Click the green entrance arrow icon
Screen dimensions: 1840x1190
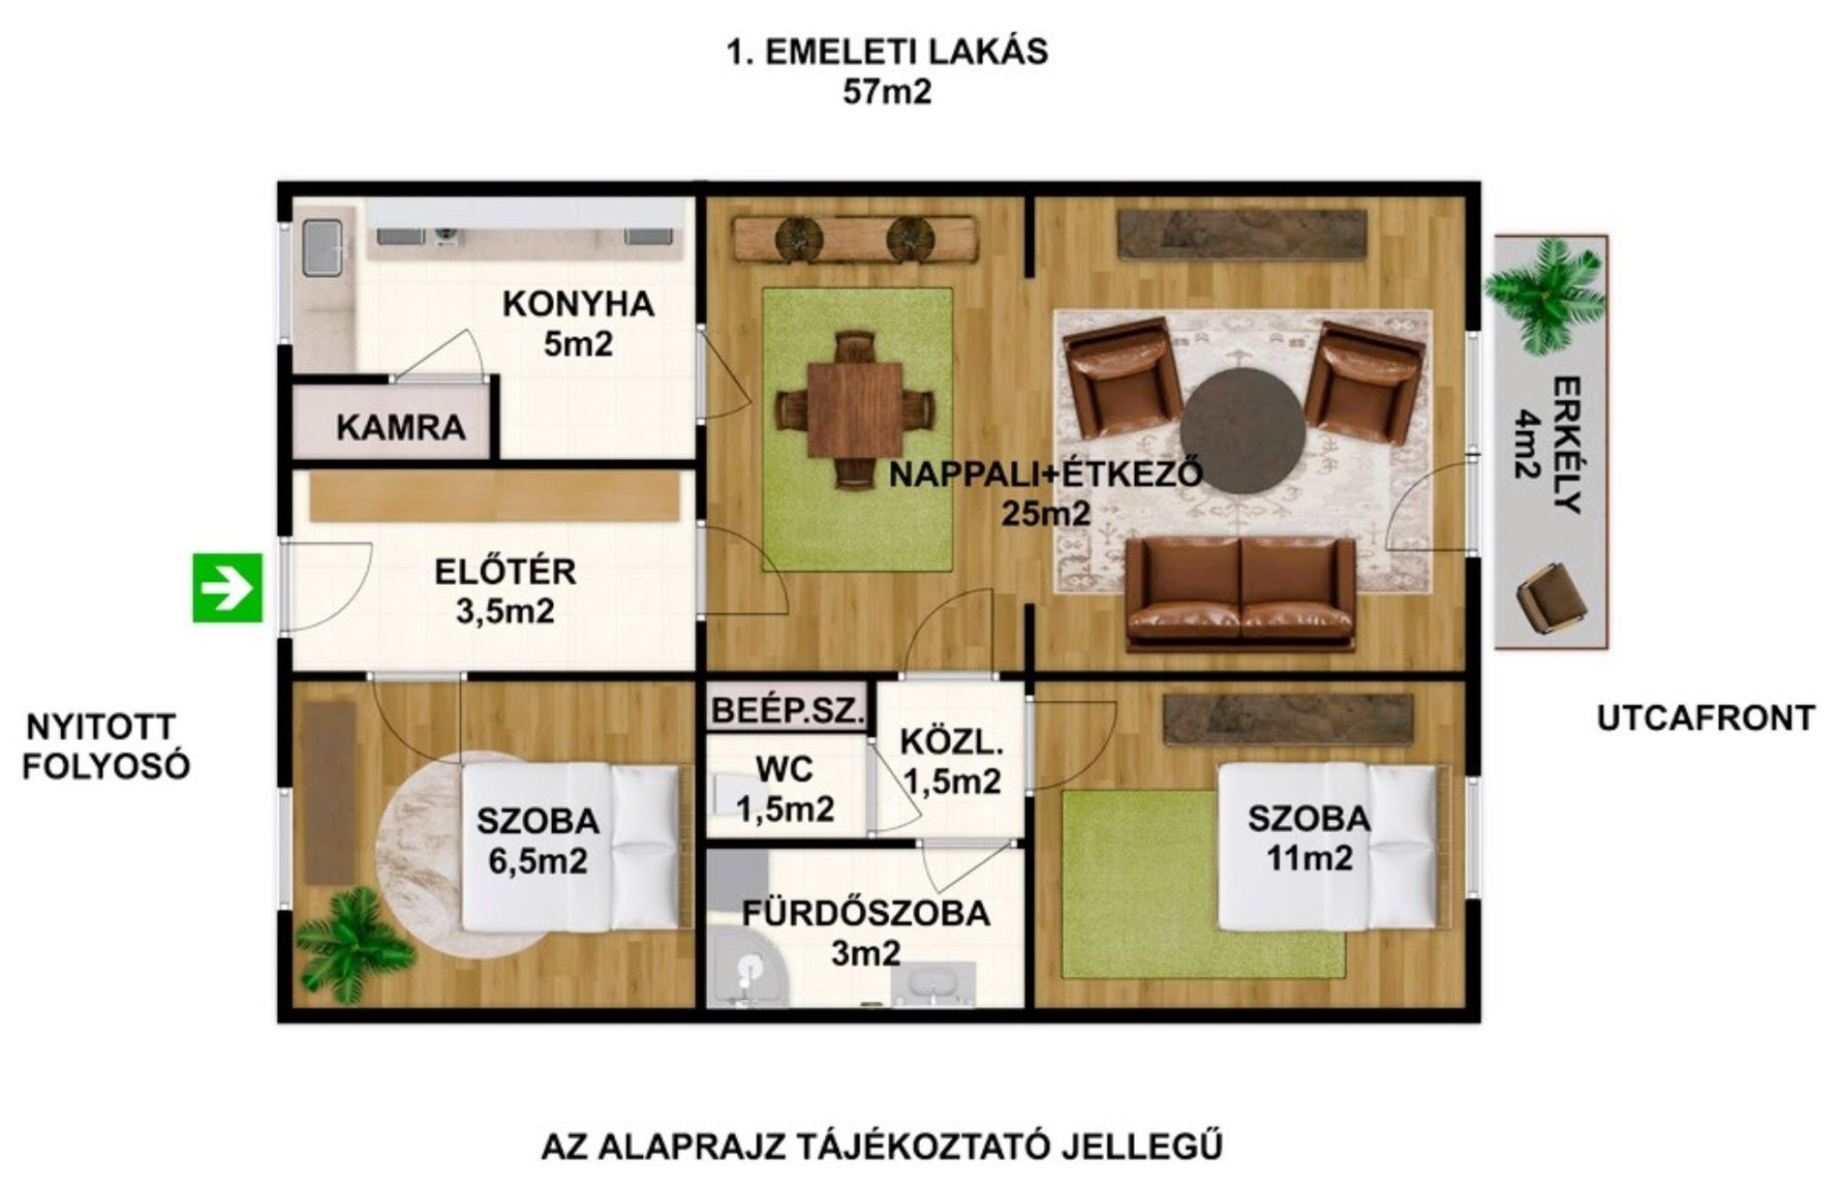228,588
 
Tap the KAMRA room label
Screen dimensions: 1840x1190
401,427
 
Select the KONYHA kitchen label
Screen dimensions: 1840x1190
578,304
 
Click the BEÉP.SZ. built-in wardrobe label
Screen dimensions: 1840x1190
788,710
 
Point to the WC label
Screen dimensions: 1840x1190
784,769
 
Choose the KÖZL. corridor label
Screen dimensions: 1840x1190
952,742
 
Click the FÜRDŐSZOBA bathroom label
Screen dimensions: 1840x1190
866,913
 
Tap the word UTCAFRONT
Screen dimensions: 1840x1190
1706,719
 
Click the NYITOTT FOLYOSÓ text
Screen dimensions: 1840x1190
106,747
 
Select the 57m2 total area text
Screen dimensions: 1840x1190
887,93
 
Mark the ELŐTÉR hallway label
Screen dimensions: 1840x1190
506,570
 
